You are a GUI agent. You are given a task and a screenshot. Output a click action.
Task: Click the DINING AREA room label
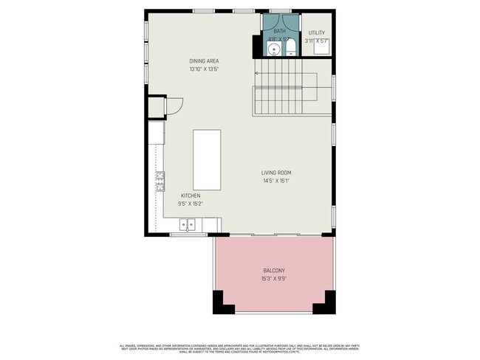click(x=204, y=61)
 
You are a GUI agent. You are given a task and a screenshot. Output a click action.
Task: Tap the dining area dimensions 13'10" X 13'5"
click(x=204, y=69)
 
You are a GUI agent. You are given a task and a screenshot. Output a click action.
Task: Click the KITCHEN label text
click(x=189, y=195)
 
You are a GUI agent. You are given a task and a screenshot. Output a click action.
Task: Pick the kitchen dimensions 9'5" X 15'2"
click(x=189, y=204)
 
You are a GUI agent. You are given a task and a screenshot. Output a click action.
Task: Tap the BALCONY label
click(x=274, y=271)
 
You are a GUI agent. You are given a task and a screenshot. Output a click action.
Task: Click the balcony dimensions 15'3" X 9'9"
click(x=274, y=279)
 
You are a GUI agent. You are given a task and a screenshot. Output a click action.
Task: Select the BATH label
click(x=279, y=32)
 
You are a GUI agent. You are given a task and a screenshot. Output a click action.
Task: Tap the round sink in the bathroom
click(x=273, y=50)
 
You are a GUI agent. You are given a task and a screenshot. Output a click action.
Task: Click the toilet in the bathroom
click(x=290, y=49)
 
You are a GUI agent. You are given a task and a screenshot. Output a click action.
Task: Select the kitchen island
click(x=207, y=159)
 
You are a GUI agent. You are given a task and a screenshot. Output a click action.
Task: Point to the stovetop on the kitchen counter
click(x=160, y=181)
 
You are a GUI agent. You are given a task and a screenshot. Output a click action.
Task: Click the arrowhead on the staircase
click(x=256, y=73)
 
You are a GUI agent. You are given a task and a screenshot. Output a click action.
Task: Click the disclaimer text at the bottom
click(x=240, y=348)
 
